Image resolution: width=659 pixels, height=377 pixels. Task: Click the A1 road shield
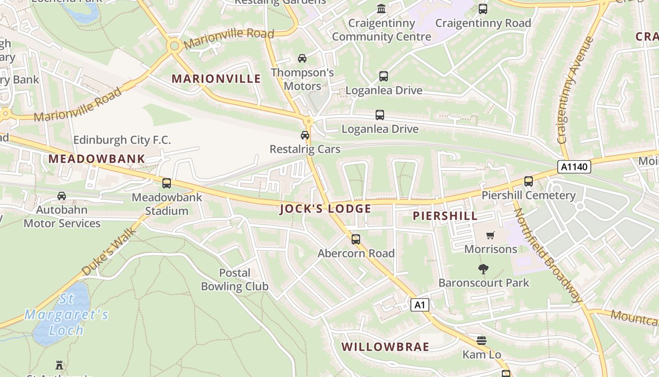point(420,305)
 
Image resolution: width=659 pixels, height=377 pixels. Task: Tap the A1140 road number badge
point(574,167)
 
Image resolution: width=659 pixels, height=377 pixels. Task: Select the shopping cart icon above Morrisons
point(490,235)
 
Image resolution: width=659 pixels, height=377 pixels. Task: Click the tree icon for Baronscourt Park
point(483,269)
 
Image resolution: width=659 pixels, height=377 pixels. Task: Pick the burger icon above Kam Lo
point(481,340)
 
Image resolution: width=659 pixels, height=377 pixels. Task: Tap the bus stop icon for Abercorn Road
point(356,239)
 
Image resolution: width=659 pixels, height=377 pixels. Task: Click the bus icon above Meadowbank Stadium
point(167,183)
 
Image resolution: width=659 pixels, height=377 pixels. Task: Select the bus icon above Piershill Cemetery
point(529,181)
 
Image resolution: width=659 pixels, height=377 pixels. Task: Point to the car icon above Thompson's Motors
point(302,58)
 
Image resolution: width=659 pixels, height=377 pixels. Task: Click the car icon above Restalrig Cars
point(305,135)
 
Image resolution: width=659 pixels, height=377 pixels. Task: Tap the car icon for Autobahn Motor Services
point(62,196)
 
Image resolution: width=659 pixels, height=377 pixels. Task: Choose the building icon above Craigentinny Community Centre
point(381,8)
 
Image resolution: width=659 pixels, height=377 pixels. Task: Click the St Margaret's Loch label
point(66,314)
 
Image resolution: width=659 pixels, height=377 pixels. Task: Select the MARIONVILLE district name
point(216,79)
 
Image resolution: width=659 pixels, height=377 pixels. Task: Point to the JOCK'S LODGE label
point(325,209)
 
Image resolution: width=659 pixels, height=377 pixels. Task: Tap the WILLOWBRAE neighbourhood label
point(385,347)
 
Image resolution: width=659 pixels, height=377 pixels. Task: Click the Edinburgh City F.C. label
point(122,140)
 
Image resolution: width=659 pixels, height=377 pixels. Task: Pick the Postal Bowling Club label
point(234,279)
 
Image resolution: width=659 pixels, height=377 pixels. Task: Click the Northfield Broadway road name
point(547,255)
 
